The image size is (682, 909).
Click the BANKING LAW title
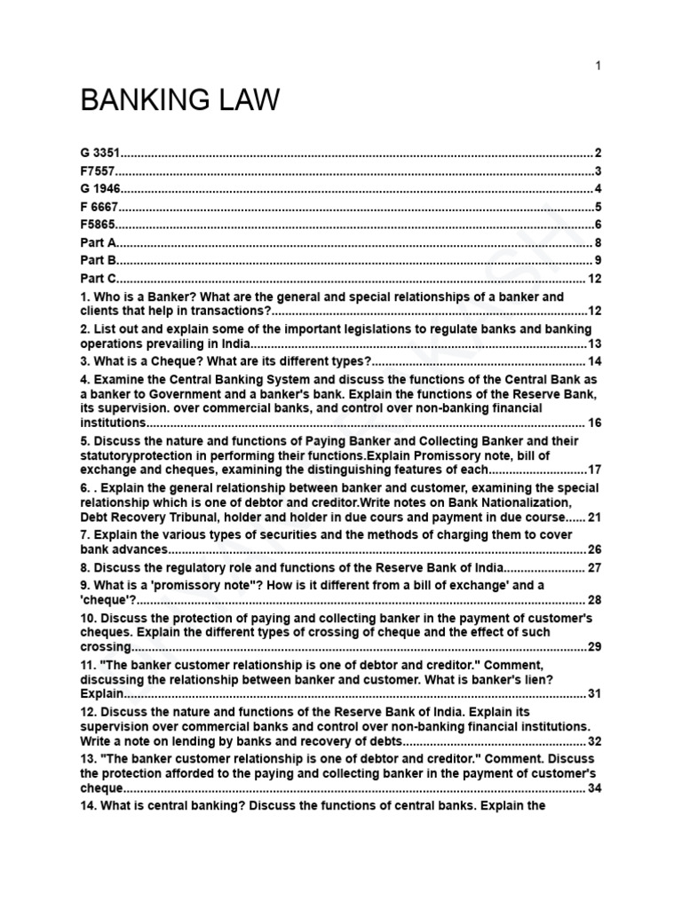coord(180,100)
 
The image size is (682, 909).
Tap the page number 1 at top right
coord(599,66)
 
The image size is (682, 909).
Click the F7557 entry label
coord(99,171)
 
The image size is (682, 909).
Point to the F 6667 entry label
coord(99,207)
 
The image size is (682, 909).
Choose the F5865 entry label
coord(99,225)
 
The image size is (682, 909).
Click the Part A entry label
coord(98,242)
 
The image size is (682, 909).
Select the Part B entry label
coord(98,260)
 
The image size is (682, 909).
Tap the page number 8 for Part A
coord(599,242)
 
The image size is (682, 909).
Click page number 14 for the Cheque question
coord(594,360)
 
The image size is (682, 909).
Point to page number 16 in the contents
coord(594,423)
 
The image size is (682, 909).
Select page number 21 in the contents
coord(594,517)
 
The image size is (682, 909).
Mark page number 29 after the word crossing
coord(594,646)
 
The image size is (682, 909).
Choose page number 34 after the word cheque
coord(594,787)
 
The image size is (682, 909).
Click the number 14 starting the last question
coord(88,806)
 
